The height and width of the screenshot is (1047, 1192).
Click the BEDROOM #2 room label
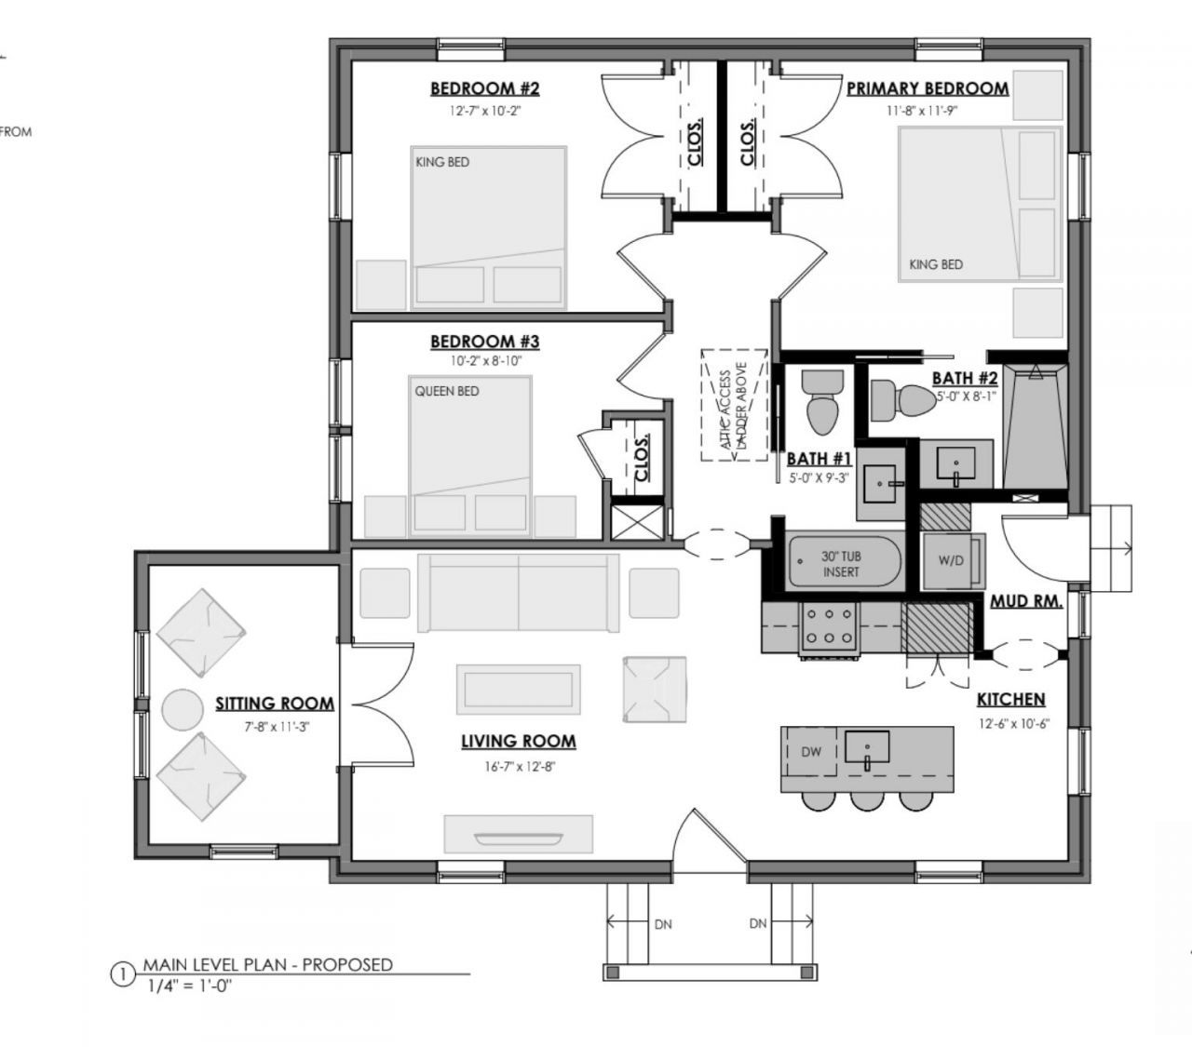pos(484,89)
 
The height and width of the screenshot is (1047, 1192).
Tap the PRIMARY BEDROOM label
pos(927,89)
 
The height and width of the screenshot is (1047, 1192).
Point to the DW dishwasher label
pos(811,751)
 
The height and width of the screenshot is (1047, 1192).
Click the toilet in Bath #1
pos(822,400)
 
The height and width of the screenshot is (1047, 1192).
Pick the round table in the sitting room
pos(182,709)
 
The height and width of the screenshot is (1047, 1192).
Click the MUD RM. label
pos(1025,601)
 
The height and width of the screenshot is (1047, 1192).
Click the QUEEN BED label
pos(447,391)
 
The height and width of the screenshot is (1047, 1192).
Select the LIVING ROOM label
pos(519,742)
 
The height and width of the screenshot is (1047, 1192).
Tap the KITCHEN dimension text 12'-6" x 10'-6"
pos(1013,723)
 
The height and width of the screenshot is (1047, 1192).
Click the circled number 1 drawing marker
pos(121,974)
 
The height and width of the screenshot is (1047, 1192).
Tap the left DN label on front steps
pos(663,924)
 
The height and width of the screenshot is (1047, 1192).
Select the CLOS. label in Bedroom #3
pos(642,458)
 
